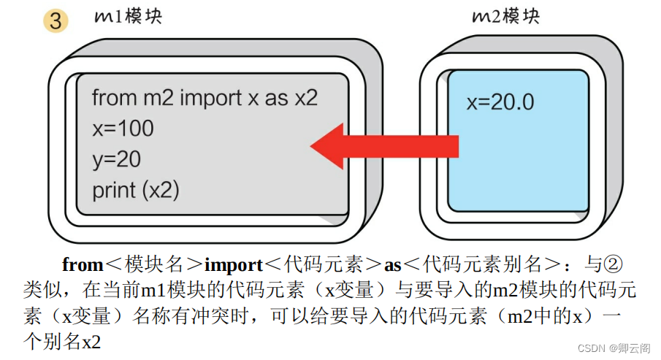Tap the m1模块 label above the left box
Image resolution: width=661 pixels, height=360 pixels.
(x=128, y=16)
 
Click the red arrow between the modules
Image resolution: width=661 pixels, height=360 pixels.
(x=384, y=146)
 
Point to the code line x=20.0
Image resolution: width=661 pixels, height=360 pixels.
(x=500, y=102)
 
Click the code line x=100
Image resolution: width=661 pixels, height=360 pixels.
(x=123, y=129)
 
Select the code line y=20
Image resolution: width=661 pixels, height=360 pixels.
(x=116, y=159)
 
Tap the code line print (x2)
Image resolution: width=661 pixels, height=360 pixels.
(x=136, y=190)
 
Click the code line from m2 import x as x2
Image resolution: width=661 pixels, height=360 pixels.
(x=205, y=98)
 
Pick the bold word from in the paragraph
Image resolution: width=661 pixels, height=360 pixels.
(x=82, y=264)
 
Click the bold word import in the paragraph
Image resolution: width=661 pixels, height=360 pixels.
(x=235, y=264)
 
